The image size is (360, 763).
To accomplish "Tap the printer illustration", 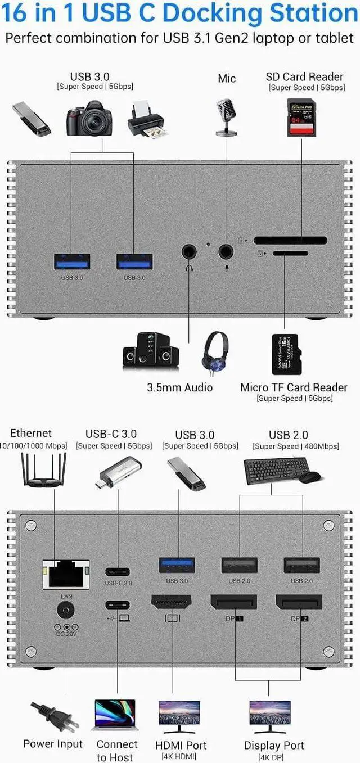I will (145, 119).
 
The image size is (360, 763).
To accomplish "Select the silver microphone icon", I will (226, 116).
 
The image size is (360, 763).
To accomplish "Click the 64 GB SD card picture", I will (301, 118).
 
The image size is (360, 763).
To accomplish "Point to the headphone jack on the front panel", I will (188, 251).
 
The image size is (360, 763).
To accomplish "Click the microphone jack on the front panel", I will (226, 251).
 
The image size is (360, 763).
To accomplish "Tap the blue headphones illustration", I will (215, 353).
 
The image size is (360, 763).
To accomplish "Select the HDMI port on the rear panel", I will (171, 602).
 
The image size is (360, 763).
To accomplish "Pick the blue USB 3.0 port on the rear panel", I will (177, 565).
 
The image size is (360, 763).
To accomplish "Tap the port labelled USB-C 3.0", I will (118, 572).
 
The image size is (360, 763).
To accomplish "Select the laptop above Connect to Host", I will (115, 715).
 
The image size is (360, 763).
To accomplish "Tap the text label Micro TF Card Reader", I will (294, 387).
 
